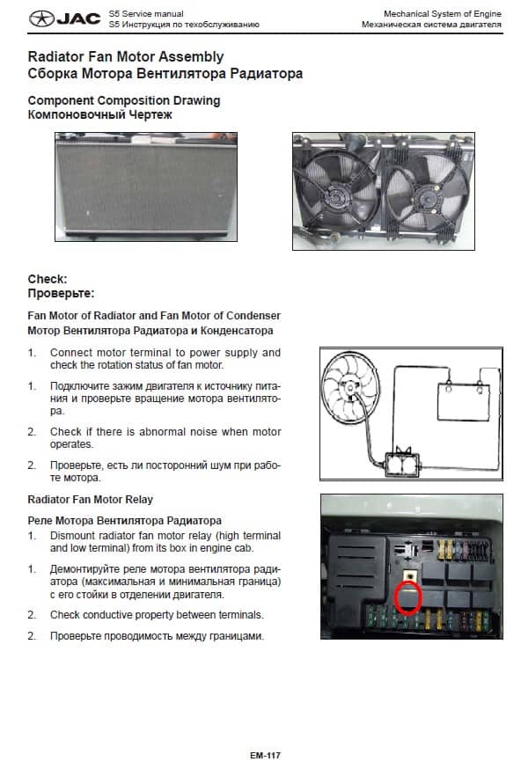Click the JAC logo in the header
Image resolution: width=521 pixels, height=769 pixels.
pos(65,19)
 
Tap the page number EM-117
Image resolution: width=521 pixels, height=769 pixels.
pos(265,755)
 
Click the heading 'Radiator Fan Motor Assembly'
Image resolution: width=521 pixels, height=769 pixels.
pos(126,57)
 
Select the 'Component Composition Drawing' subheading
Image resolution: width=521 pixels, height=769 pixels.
pos(124,100)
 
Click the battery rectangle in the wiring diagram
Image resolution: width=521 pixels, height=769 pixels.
pos(463,402)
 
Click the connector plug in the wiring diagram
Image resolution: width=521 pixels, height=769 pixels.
pos(403,464)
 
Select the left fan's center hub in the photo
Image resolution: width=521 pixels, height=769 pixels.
pos(337,198)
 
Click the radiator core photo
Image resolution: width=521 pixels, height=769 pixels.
pos(146,187)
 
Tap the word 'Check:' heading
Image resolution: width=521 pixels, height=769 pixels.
pos(48,279)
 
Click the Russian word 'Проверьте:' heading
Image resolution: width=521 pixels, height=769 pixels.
pos(61,293)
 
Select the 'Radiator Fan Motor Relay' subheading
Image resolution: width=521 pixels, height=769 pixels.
pos(91,500)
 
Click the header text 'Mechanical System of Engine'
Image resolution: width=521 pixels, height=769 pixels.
pos(443,14)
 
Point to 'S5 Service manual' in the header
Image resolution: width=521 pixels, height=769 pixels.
pos(146,14)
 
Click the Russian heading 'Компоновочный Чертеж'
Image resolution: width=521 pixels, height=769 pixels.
pos(100,115)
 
